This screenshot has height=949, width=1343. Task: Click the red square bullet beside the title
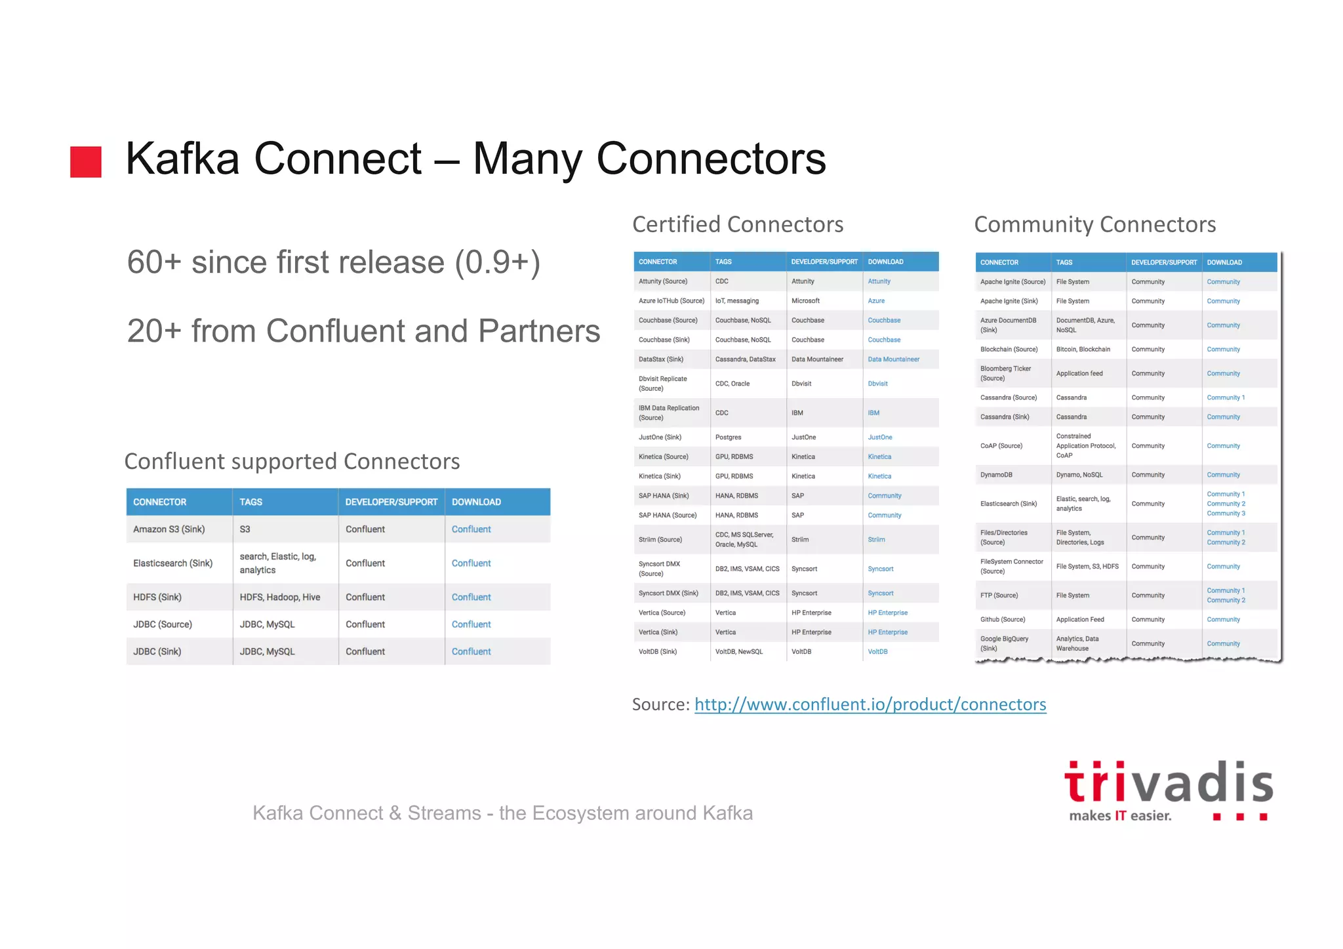point(86,162)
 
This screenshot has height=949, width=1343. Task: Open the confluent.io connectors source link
point(870,704)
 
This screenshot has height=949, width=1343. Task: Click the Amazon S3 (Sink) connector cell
point(169,529)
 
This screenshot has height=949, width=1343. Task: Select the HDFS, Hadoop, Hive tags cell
point(279,597)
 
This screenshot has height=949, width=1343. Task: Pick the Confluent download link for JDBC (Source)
point(471,624)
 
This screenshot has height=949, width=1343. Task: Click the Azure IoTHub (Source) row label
point(671,301)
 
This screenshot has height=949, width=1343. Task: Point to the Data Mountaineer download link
point(893,359)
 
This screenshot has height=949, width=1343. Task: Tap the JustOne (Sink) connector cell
point(660,437)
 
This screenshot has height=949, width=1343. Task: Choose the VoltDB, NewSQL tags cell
point(738,652)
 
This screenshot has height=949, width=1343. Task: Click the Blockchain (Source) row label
point(1009,350)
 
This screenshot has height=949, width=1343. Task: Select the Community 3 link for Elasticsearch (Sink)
point(1226,514)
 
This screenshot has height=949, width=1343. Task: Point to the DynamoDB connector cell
point(996,475)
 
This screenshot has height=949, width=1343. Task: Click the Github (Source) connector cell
point(1002,620)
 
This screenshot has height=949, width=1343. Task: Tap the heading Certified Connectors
point(737,224)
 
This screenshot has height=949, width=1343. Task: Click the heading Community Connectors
point(1094,224)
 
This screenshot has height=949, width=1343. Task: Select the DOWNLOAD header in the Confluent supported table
point(476,502)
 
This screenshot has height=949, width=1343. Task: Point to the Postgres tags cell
point(728,437)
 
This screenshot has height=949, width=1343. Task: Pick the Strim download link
point(876,540)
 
